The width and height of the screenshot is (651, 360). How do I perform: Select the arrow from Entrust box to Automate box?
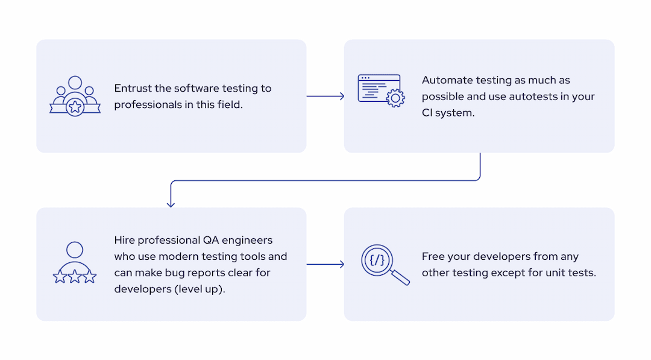click(325, 96)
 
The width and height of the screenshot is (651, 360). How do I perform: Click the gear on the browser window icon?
click(395, 98)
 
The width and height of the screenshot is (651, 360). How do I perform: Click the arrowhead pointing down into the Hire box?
click(171, 203)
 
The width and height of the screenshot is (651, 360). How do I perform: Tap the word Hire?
click(125, 240)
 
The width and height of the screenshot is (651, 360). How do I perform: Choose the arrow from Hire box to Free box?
click(325, 264)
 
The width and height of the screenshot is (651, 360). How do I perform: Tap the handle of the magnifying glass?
click(400, 277)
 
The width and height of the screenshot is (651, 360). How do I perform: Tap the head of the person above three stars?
click(75, 250)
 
